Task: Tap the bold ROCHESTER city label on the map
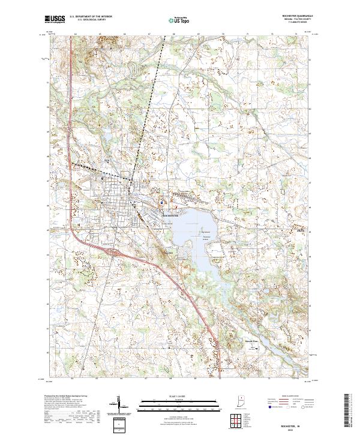(x=171, y=215)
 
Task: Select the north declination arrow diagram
(x=122, y=404)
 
